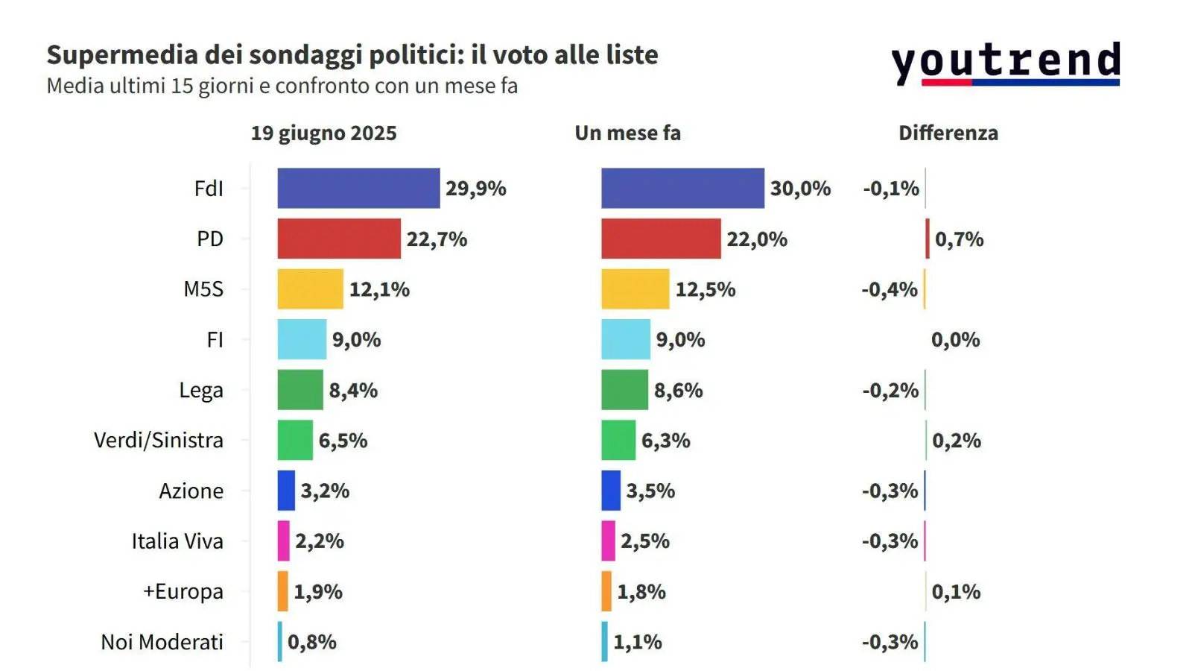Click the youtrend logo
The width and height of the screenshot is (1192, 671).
point(1006,63)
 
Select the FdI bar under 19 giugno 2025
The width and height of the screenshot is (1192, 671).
point(358,188)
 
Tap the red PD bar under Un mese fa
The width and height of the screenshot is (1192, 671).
point(661,239)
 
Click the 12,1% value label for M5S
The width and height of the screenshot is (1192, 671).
point(379,289)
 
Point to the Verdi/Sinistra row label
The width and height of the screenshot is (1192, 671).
point(158,441)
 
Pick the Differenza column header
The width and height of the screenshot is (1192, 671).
point(948,133)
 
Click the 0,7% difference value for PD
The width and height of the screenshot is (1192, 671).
point(959,239)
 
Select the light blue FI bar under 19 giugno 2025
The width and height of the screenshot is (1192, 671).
point(302,339)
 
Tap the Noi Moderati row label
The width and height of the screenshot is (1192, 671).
point(162,642)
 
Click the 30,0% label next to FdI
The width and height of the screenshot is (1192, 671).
point(800,189)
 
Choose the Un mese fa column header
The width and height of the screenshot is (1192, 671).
point(627,133)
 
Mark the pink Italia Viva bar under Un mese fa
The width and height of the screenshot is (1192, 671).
point(608,541)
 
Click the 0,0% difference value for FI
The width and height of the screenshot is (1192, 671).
point(955,340)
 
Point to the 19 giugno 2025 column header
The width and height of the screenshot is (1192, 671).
point(323,133)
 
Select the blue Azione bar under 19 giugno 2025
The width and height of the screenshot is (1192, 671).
point(286,491)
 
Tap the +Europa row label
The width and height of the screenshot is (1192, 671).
point(183,591)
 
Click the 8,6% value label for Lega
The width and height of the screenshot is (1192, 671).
point(678,390)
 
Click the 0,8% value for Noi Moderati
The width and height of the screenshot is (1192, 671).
point(311,642)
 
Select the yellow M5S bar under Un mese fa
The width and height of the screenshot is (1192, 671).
point(635,289)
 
